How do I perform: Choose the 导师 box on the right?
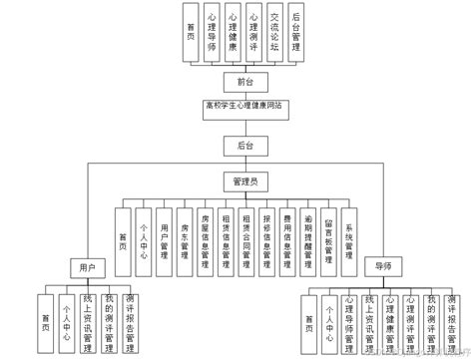point(383,267)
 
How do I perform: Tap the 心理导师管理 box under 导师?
point(348,322)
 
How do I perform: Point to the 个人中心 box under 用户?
point(67,322)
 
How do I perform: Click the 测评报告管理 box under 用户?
point(132,322)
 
